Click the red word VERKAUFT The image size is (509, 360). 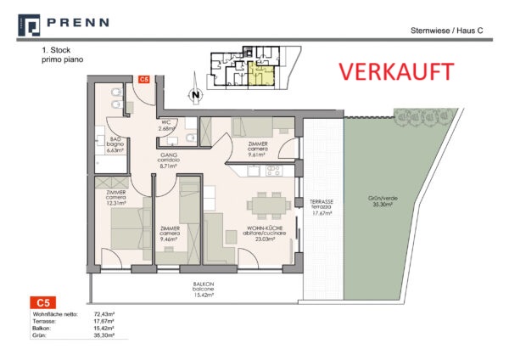point(395,71)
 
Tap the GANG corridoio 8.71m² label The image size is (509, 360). point(167,161)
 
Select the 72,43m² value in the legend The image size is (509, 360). point(103,314)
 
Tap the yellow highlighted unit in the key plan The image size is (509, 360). point(263,76)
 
